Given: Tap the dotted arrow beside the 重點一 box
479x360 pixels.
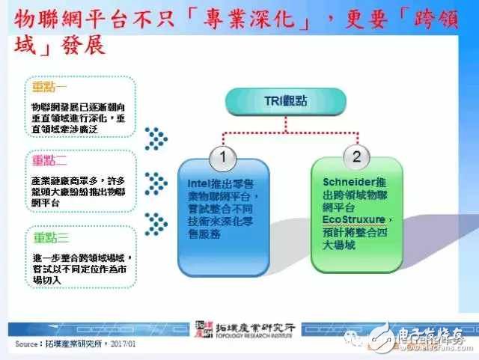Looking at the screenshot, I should coord(155,138).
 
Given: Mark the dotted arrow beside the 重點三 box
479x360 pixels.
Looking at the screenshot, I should coord(155,222).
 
